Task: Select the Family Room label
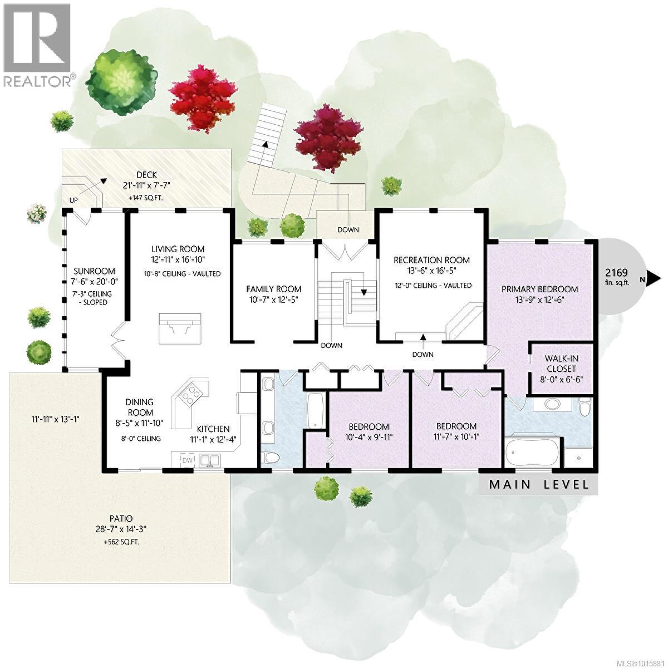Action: (273, 289)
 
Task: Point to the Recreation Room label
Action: (431, 260)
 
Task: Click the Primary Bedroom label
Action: (539, 289)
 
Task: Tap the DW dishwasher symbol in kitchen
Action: (188, 460)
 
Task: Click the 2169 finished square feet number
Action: (617, 273)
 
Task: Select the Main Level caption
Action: (538, 484)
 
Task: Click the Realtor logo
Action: (38, 45)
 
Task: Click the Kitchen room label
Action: (213, 429)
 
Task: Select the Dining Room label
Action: (139, 407)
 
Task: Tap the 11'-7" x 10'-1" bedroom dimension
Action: (456, 436)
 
